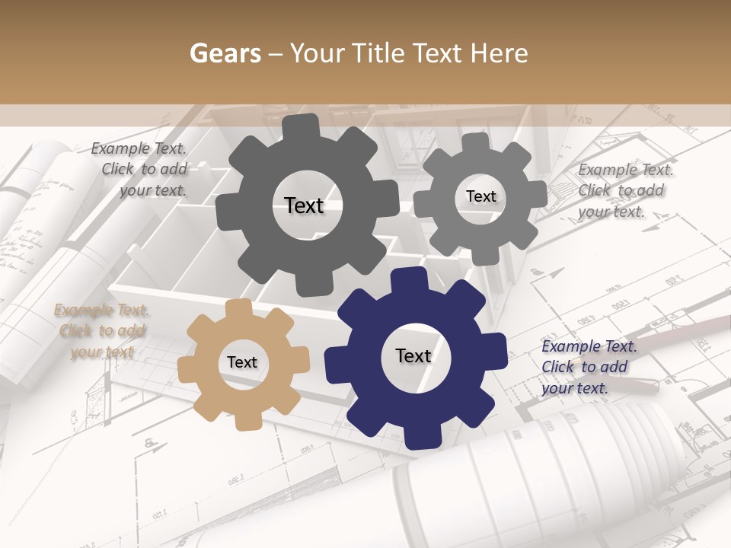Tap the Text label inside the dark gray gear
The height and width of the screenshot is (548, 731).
[304, 205]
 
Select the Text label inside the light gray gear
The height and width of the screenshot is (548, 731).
[480, 196]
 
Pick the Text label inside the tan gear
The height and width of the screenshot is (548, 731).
[242, 362]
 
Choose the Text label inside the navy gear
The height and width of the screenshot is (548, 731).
[413, 355]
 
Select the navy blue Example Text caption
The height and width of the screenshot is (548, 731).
[589, 367]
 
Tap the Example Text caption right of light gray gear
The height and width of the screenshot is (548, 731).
[624, 190]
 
